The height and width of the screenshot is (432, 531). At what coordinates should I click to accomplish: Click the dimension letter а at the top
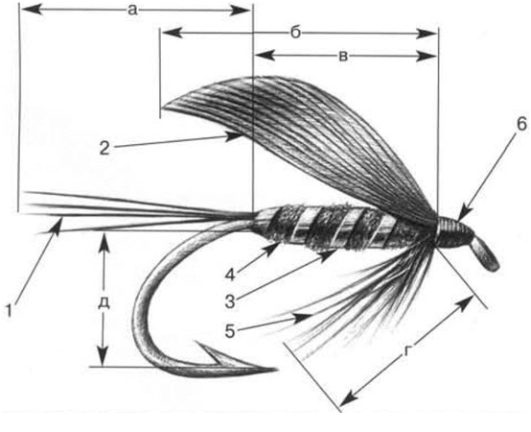coord(132,11)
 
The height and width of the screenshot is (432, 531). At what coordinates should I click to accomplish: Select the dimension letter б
coord(295,33)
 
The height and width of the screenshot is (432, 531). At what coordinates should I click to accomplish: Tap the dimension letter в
coord(343,57)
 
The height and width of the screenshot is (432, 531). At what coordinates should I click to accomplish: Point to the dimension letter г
coord(407,351)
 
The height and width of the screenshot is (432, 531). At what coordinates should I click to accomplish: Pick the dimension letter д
coord(104,302)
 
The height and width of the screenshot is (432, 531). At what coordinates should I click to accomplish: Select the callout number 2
coord(104,148)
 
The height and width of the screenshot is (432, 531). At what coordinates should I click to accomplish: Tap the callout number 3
coord(230,301)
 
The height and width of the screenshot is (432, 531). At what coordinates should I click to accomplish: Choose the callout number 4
coord(230,275)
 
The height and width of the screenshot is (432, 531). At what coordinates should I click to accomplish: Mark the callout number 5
coord(230,331)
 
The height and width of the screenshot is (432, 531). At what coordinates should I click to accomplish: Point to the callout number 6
coord(521,124)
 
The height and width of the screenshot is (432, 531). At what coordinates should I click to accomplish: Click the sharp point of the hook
coord(276,369)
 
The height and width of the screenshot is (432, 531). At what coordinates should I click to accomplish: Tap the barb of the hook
coord(207,349)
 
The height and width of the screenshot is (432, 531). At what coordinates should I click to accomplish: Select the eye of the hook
coord(485,253)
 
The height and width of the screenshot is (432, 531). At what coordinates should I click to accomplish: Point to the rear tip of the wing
coord(163,108)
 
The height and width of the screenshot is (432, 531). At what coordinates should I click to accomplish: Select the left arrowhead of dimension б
coord(171,33)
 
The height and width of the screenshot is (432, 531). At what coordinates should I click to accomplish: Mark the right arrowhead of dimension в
coord(427,57)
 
